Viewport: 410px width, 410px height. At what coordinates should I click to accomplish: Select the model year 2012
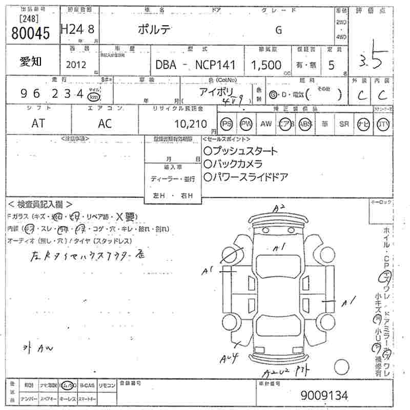pos(76,65)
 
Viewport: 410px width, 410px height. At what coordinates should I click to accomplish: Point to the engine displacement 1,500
pos(266,65)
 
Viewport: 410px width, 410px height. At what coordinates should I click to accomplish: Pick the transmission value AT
pos(38,124)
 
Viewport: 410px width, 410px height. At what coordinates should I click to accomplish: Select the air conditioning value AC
pos(105,124)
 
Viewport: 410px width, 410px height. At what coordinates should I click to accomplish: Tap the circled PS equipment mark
pos(227,124)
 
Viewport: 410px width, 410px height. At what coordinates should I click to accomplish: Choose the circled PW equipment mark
pos(247,124)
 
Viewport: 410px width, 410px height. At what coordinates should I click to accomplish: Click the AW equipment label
pos(266,124)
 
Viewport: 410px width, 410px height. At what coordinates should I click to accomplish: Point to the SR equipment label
pos(344,124)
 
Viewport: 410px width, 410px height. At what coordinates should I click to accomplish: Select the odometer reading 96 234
pos(51,94)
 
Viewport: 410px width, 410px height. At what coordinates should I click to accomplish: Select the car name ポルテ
pos(155,30)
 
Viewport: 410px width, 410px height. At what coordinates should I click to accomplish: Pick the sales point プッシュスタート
pos(240,151)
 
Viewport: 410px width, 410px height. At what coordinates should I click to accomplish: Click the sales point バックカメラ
pos(233,163)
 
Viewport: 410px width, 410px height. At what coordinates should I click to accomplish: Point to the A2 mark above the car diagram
pos(279,208)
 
